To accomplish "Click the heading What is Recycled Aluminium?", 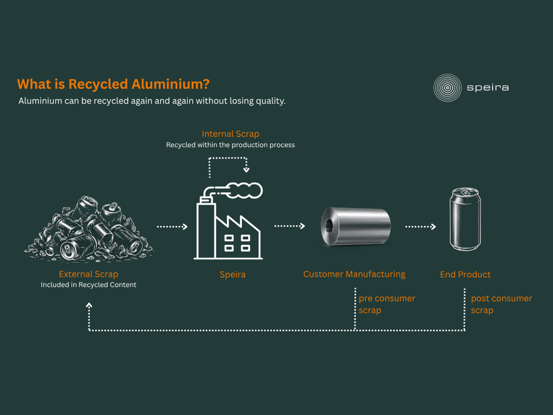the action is coord(113,84).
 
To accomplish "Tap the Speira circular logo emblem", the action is coord(447,88).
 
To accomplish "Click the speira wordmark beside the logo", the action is coord(488,88).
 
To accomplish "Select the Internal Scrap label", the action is coord(230,134).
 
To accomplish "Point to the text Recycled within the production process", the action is coord(230,145).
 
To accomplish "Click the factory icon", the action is coord(228,221).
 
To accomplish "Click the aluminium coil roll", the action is coord(355,226).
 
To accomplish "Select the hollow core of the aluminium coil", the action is coord(329,226).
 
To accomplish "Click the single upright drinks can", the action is coord(465,219).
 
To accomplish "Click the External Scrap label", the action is coord(89,274).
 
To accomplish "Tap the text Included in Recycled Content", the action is coord(89,285).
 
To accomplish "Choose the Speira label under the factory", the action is coord(232,274).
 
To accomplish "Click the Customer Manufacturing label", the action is coord(354,274).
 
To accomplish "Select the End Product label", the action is coord(465,274).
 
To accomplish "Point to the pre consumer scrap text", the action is coord(387,304).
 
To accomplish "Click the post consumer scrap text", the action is coord(501,304).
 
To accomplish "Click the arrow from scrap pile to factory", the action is coord(172,227).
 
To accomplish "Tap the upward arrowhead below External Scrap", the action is coord(89,305).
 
